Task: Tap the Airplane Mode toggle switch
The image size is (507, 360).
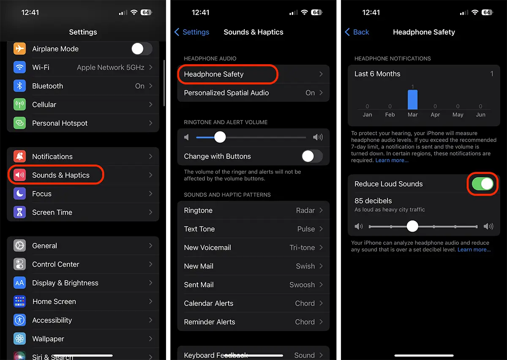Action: tap(142, 49)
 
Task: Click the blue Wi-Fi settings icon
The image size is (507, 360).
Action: tap(19, 67)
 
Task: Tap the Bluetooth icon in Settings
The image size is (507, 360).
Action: tap(19, 86)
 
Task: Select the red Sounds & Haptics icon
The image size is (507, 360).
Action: tap(19, 175)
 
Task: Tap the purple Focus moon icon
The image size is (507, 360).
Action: tap(19, 194)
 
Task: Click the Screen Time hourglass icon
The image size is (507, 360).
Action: tap(19, 212)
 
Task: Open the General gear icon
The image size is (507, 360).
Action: tap(19, 245)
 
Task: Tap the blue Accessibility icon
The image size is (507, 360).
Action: tap(19, 320)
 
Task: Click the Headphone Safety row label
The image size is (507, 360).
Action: tap(214, 74)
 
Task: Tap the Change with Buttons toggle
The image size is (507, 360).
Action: tap(312, 156)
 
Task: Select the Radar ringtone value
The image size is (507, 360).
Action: tap(305, 210)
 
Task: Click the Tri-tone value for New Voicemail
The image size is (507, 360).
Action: tap(302, 248)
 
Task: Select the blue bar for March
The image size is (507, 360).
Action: tap(412, 100)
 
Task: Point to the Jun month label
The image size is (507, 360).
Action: tap(480, 115)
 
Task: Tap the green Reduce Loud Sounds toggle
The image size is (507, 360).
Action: tap(482, 184)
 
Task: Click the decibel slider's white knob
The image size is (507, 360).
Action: tap(412, 226)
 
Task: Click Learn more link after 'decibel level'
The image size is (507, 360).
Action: tap(474, 250)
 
